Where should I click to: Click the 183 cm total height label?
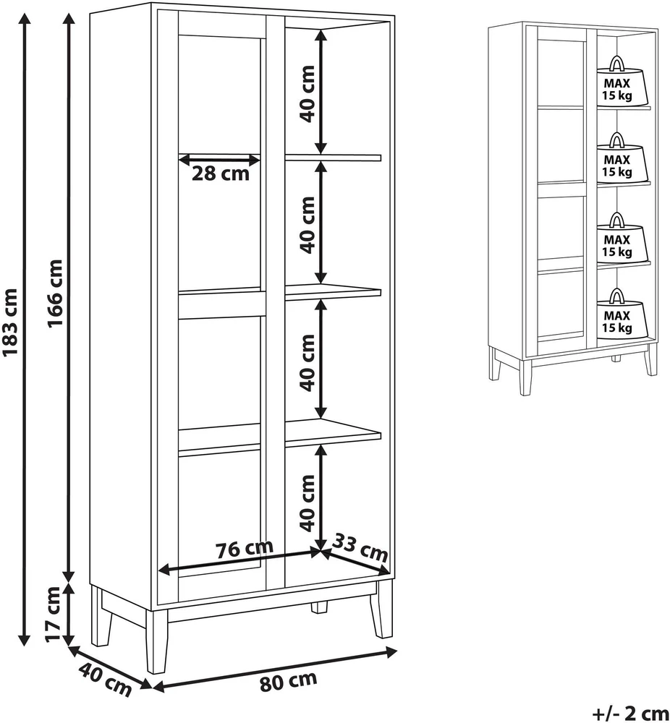pyautogui.click(x=11, y=322)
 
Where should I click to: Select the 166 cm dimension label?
pyautogui.click(x=56, y=294)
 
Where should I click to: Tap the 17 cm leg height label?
pyautogui.click(x=54, y=614)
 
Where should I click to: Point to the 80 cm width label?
pyautogui.click(x=289, y=681)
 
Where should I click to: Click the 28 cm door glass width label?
pyautogui.click(x=221, y=174)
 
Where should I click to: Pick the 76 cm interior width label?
pyautogui.click(x=245, y=549)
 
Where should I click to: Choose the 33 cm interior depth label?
pyautogui.click(x=360, y=547)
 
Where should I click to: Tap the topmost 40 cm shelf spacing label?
pyautogui.click(x=308, y=93)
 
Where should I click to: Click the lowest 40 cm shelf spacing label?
pyautogui.click(x=308, y=503)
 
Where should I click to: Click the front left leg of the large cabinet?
pyautogui.click(x=157, y=641)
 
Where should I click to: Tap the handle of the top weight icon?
pyautogui.click(x=616, y=64)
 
